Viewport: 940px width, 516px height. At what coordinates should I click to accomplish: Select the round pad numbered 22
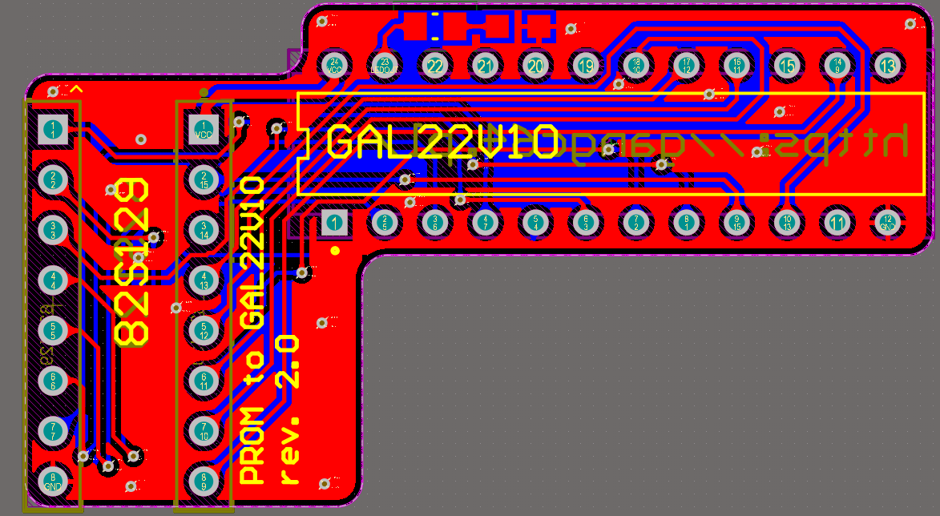(x=434, y=65)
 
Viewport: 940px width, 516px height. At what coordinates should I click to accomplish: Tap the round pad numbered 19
(x=587, y=65)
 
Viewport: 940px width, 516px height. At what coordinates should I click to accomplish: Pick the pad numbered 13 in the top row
(x=886, y=65)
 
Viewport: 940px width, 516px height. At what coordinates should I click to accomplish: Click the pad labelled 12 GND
(x=886, y=222)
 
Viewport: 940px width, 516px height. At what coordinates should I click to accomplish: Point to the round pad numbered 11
(x=837, y=222)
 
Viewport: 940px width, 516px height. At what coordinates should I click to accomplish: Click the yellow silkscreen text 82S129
(x=131, y=262)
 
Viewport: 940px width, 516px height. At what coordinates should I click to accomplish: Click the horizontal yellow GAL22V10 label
(x=442, y=143)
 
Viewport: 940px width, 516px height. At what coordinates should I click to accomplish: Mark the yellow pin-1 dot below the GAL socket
(x=335, y=250)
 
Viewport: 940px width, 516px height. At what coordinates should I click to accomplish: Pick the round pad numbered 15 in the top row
(x=787, y=65)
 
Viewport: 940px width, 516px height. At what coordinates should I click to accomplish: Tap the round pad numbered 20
(x=535, y=65)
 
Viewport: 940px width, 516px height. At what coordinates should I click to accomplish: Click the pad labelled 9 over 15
(x=736, y=222)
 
